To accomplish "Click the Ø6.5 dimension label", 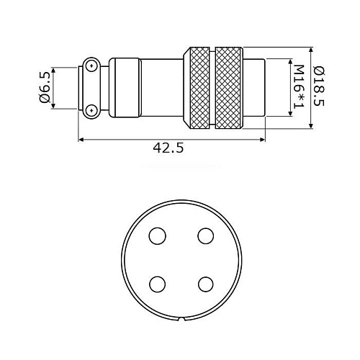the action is tap(45, 89).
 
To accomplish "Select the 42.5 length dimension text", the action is tap(168, 148).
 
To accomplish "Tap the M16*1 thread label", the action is tap(299, 87).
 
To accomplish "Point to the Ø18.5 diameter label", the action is tap(320, 86).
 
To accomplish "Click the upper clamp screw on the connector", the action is tap(91, 66).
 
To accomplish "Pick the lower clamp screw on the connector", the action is tap(91, 110).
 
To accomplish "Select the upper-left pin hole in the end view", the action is tap(157, 236).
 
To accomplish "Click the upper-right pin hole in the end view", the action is tap(206, 236).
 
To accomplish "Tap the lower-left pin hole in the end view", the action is tap(157, 284).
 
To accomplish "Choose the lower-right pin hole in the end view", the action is tap(206, 284).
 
